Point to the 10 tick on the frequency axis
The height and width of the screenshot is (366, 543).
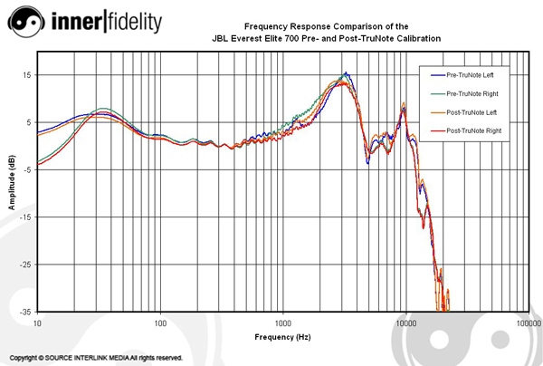pos(37,323)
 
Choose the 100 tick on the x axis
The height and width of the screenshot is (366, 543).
pos(160,323)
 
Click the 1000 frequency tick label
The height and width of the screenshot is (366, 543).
pos(283,323)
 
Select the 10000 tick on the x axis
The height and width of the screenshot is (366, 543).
pos(405,323)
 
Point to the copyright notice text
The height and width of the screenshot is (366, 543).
pos(97,358)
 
